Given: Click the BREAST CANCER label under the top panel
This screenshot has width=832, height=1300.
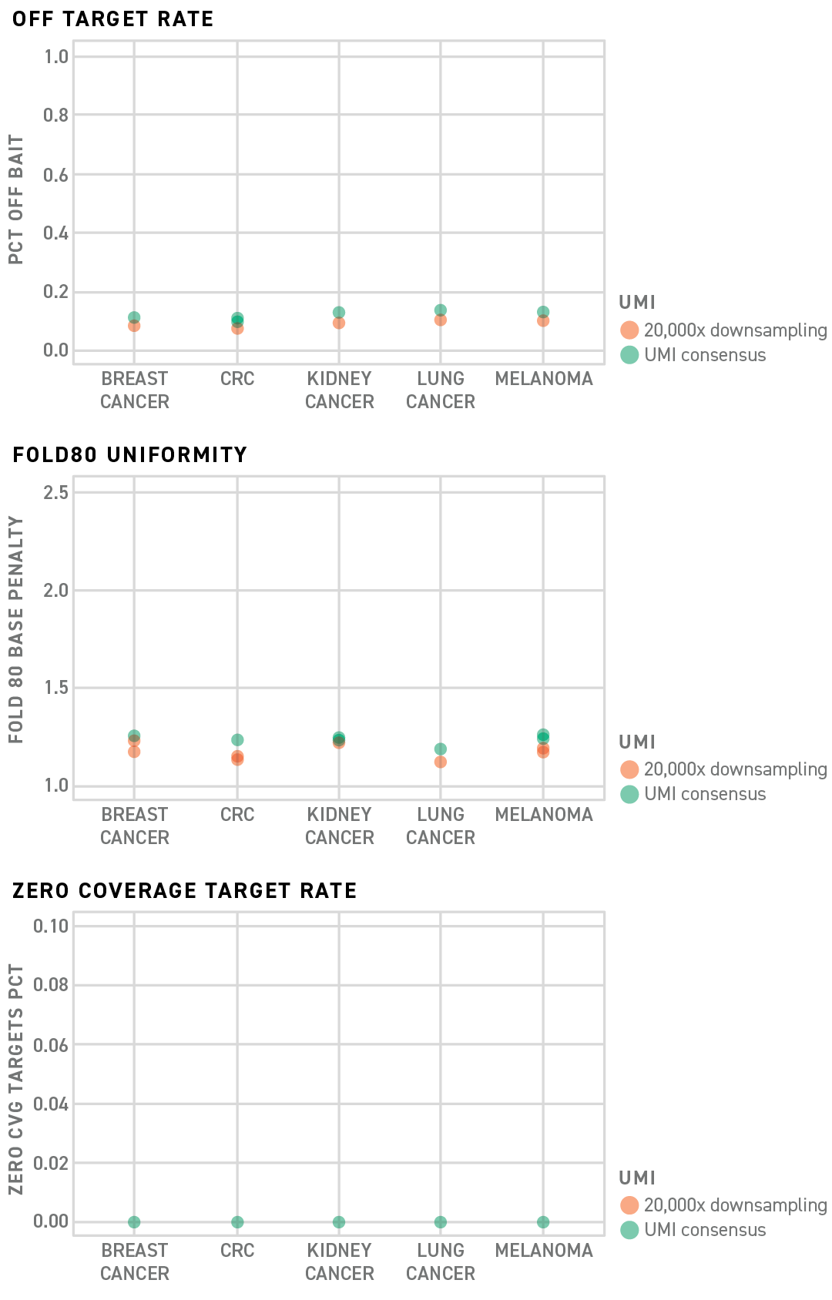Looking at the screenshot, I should click(135, 390).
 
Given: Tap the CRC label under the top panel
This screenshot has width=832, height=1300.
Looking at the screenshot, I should click(237, 379).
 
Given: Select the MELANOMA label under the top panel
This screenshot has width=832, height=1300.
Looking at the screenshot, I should click(544, 379).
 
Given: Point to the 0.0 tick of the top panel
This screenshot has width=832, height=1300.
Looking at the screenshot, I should click(55, 352).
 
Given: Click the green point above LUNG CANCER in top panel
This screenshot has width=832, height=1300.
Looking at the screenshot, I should click(441, 310).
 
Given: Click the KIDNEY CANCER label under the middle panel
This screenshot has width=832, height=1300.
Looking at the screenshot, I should click(340, 826).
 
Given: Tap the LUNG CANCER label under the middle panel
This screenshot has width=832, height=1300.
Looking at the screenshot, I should click(441, 826).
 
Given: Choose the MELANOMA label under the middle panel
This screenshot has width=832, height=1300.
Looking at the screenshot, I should click(544, 815).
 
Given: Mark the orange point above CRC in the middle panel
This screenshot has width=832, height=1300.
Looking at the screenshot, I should click(237, 758).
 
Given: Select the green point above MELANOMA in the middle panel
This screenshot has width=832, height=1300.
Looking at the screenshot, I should click(543, 736).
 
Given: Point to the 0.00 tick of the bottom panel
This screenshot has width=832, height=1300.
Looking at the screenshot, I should click(51, 1221).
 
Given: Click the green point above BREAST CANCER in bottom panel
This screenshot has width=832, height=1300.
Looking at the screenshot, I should click(134, 1222).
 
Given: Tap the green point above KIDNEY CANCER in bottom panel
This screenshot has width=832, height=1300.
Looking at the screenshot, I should click(339, 1222).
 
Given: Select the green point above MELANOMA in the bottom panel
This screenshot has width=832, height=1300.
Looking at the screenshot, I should click(543, 1222).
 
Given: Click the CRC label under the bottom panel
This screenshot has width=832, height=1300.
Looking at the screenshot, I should click(237, 1251).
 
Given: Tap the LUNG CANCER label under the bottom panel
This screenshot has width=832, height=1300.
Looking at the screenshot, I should click(441, 1261).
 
